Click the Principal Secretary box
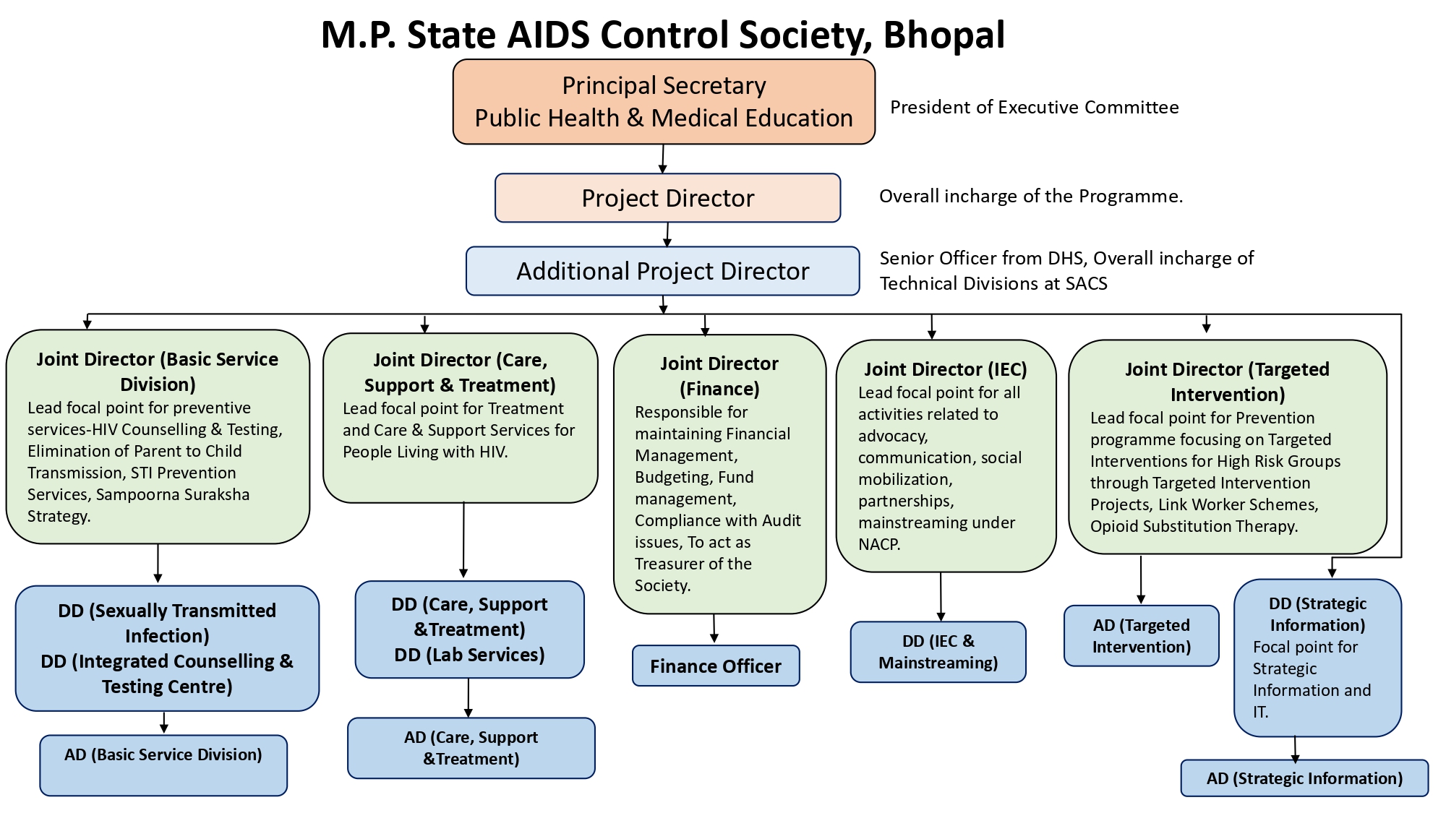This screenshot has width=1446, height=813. pyautogui.click(x=664, y=102)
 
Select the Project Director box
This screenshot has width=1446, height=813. pyautogui.click(x=667, y=198)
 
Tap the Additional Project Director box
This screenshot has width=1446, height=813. pyautogui.click(x=662, y=271)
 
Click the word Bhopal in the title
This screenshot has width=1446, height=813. pyautogui.click(x=944, y=35)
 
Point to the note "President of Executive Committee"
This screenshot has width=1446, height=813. pyautogui.click(x=1034, y=108)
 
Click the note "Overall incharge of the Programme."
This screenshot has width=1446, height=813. pyautogui.click(x=1030, y=197)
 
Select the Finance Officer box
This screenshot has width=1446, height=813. pyautogui.click(x=715, y=666)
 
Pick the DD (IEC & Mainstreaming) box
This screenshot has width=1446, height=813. pyautogui.click(x=938, y=652)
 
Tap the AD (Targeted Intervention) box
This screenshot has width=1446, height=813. pyautogui.click(x=1141, y=636)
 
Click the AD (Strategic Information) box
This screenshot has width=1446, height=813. pyautogui.click(x=1304, y=778)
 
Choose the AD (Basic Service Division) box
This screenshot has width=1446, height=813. pyautogui.click(x=163, y=765)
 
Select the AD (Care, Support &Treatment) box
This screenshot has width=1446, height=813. pyautogui.click(x=471, y=748)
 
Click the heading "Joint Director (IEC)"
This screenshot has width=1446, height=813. pyautogui.click(x=945, y=369)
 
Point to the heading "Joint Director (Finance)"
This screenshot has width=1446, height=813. pyautogui.click(x=719, y=376)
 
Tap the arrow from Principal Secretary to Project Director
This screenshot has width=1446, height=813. pyautogui.click(x=662, y=159)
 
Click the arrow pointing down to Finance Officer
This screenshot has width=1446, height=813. pyautogui.click(x=714, y=629)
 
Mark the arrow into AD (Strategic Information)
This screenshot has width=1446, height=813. pyautogui.click(x=1295, y=749)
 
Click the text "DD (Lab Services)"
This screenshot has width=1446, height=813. pyautogui.click(x=469, y=655)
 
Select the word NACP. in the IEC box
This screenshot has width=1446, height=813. pyautogui.click(x=879, y=544)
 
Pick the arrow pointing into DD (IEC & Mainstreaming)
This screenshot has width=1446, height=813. pyautogui.click(x=941, y=597)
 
